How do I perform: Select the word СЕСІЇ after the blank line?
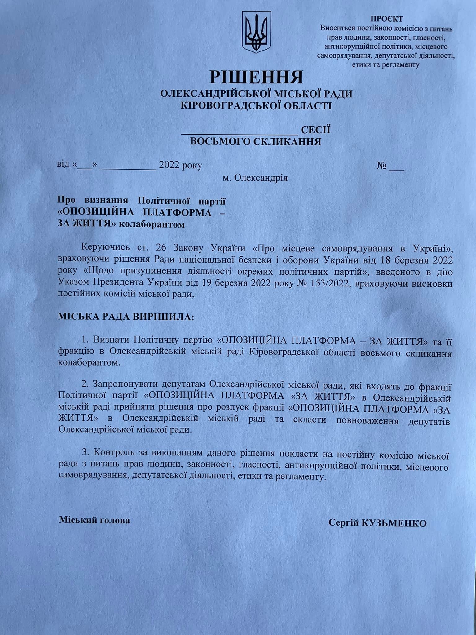pos(315,130)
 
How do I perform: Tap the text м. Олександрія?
pos(255,178)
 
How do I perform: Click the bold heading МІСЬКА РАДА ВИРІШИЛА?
pos(125,317)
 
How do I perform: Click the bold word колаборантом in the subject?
pos(152,224)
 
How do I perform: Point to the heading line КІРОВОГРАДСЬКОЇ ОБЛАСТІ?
pos(256,106)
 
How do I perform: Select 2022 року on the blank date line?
pos(180,165)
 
